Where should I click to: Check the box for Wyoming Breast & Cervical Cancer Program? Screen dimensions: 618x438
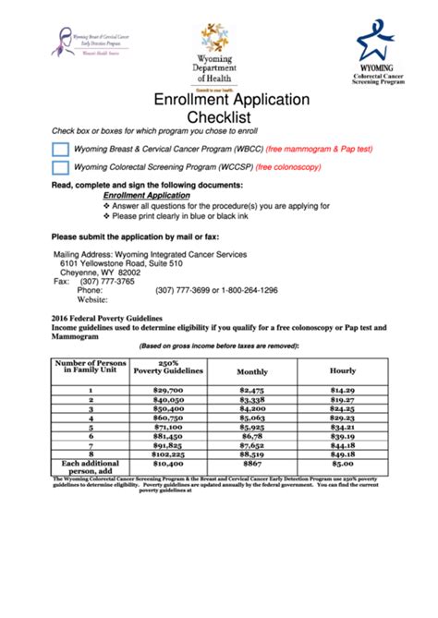tap(59, 148)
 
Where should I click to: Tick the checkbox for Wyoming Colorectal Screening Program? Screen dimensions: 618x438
tap(59, 167)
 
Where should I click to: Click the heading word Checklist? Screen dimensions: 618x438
tap(219, 117)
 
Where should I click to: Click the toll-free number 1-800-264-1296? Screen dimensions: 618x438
tap(246, 290)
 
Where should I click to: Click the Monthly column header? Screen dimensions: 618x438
tap(251, 371)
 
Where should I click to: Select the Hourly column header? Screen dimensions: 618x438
tap(343, 371)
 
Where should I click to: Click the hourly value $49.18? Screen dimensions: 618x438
tap(343, 454)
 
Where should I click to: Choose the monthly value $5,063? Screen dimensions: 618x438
tap(251, 418)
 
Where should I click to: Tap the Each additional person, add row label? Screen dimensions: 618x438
tap(91, 467)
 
